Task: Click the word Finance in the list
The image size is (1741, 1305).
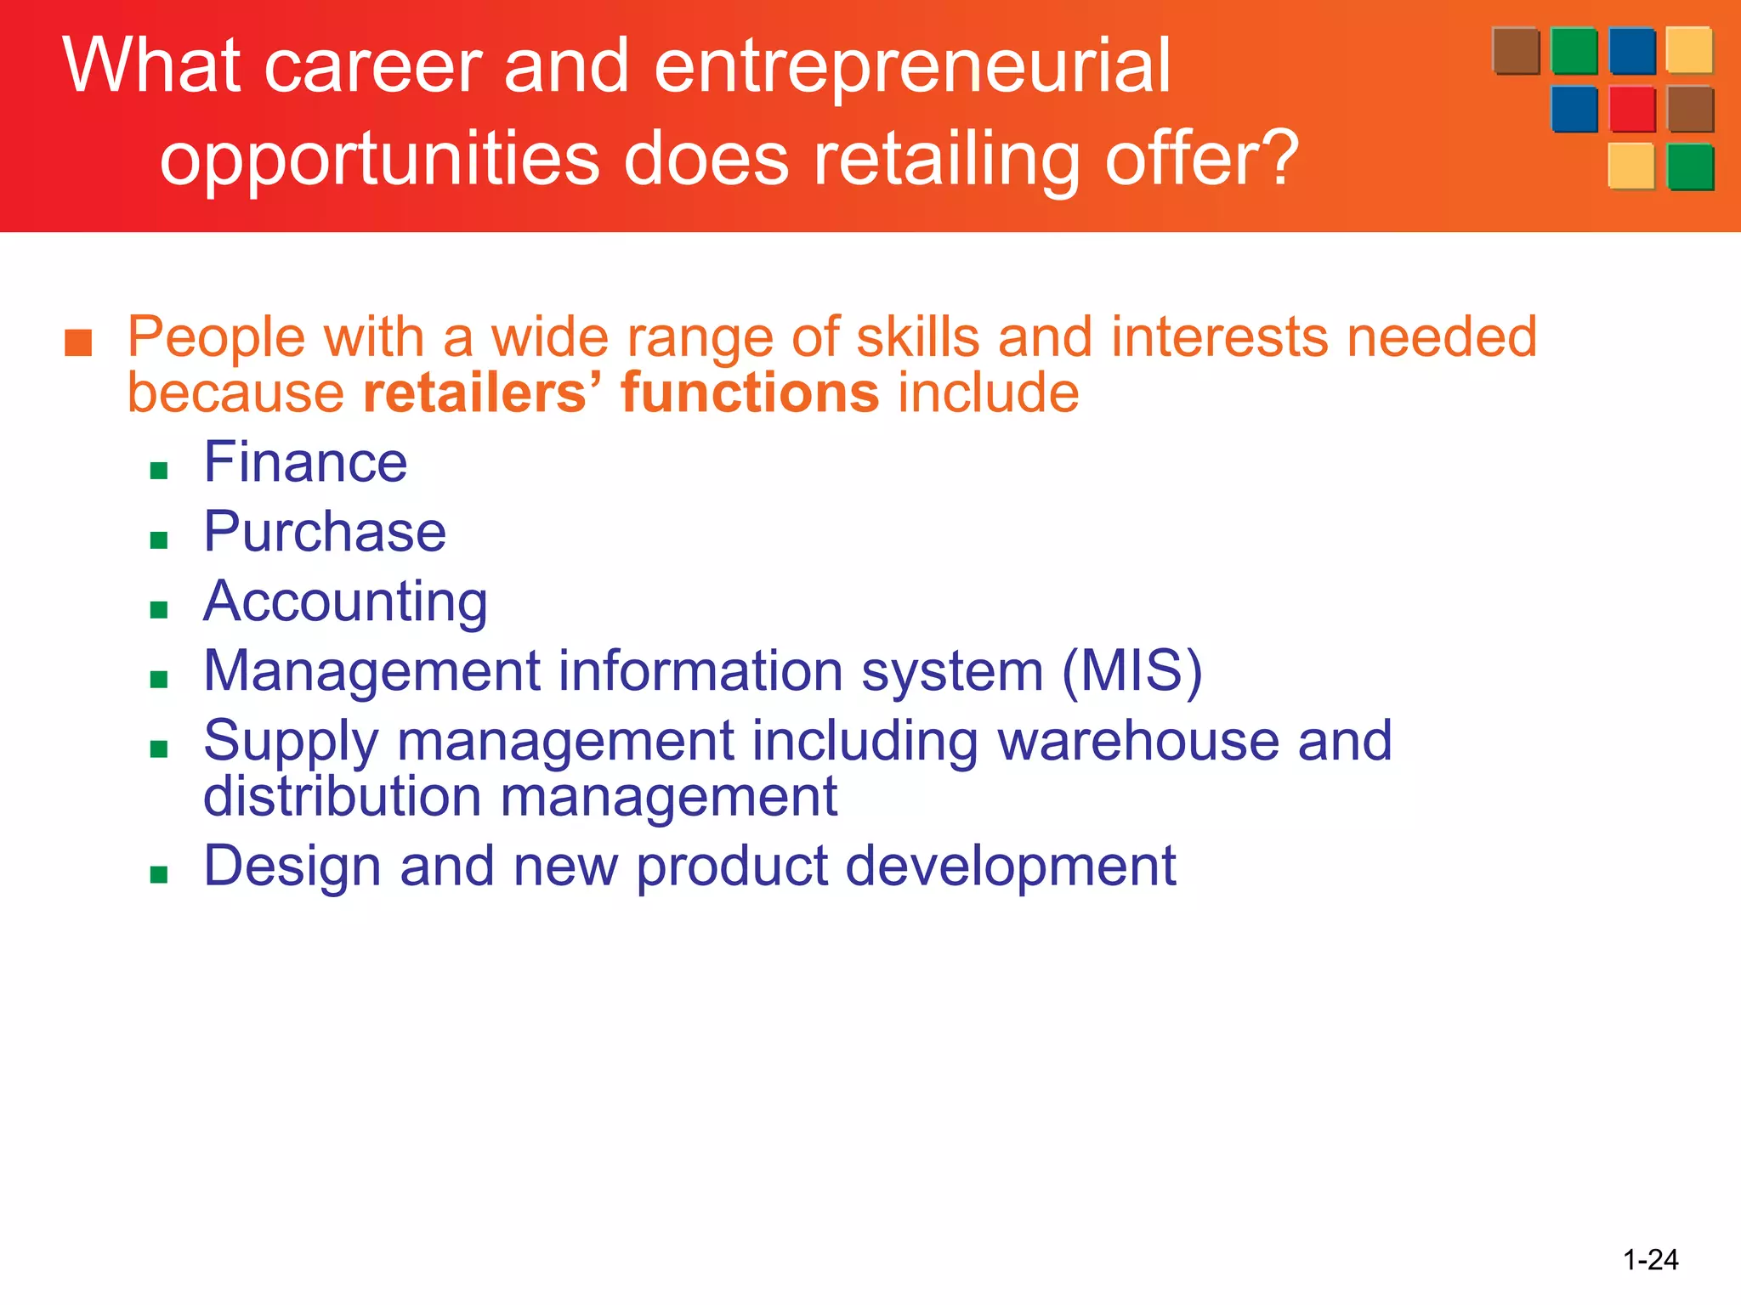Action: point(305,463)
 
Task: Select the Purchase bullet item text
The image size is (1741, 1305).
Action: point(325,533)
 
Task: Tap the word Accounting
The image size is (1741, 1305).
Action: point(345,602)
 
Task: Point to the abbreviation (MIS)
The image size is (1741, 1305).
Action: point(1132,671)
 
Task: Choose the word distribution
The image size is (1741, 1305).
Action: point(343,797)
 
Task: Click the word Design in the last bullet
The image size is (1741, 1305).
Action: point(292,867)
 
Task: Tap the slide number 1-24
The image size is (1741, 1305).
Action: point(1650,1259)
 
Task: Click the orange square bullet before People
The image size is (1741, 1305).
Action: point(78,342)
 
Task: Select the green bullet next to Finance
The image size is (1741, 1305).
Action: point(159,471)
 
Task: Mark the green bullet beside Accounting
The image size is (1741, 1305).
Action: point(159,609)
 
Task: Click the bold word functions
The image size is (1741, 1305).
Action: point(750,393)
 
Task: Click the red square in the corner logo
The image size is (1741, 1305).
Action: point(1632,110)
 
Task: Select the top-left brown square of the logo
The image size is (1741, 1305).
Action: point(1516,51)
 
